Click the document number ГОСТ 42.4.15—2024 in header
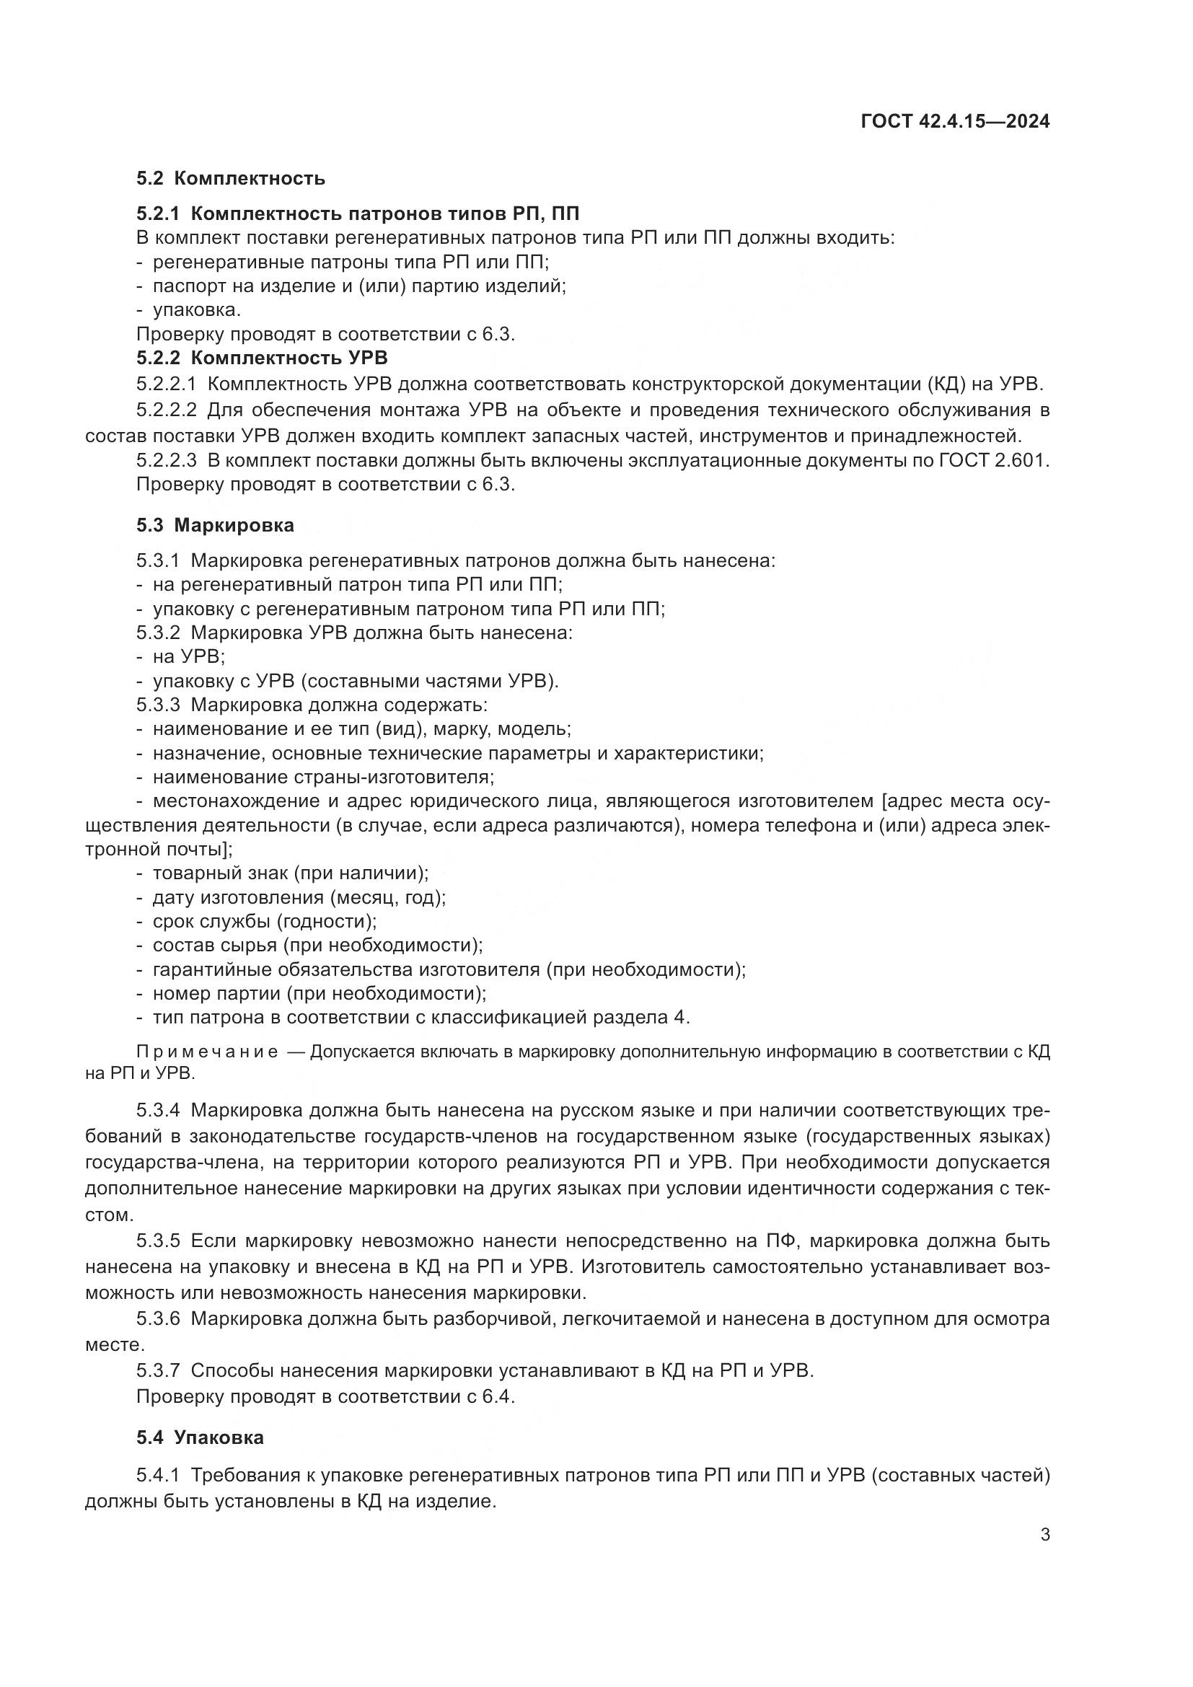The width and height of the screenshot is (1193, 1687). tap(954, 122)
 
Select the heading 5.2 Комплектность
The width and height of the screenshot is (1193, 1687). tap(230, 179)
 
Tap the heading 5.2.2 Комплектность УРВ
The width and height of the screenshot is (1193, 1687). tap(262, 358)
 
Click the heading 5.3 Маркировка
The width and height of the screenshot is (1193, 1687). tap(214, 525)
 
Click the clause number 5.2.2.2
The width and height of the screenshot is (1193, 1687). tap(166, 410)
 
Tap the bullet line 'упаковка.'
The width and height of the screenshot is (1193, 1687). tap(196, 310)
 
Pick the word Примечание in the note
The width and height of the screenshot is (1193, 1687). tap(207, 1052)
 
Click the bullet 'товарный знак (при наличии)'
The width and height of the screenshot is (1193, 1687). tap(289, 873)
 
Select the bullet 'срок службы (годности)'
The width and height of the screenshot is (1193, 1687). tap(264, 921)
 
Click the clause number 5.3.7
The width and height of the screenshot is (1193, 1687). tap(158, 1370)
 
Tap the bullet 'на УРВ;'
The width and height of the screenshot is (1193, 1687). tap(188, 656)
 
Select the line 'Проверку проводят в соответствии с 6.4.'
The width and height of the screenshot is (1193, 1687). tap(325, 1396)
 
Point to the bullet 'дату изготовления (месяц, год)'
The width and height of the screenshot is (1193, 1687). tap(299, 897)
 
